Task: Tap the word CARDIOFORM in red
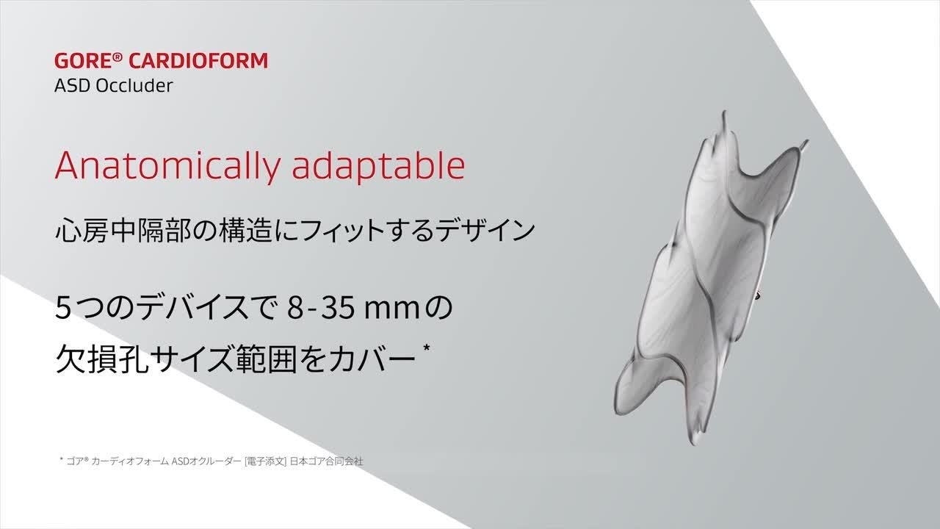tap(198, 60)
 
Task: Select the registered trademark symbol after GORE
tap(117, 57)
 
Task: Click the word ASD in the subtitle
tap(72, 86)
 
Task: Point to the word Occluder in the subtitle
tap(134, 86)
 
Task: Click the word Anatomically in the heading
tap(167, 165)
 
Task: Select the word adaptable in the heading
tap(378, 165)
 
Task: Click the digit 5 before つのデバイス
tap(62, 307)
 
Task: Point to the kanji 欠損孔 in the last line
tap(102, 359)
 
